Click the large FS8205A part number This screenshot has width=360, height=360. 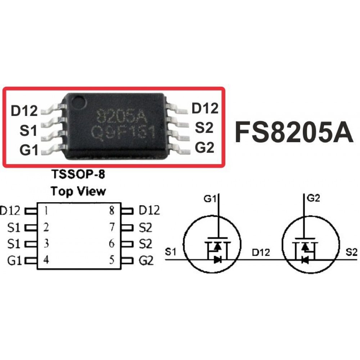tap(294, 132)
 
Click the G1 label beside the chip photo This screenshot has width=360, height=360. tap(28, 150)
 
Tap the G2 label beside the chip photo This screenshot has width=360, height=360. tap(204, 147)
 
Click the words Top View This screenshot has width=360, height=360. tap(78, 191)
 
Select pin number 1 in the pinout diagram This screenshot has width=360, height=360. tap(46, 211)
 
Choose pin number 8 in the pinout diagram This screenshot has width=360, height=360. tap(112, 211)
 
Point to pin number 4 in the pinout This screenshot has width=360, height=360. tap(46, 260)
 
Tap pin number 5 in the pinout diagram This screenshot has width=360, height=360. tap(112, 260)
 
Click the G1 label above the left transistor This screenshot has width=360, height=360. tap(210, 199)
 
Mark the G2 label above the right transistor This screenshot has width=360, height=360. tap(314, 198)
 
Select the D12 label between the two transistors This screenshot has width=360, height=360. tap(261, 253)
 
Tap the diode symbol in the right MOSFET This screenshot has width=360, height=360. tap(305, 260)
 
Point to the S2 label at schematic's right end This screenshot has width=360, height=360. tap(351, 253)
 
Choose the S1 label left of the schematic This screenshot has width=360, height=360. tap(171, 252)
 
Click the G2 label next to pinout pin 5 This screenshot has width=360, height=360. tap(146, 261)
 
